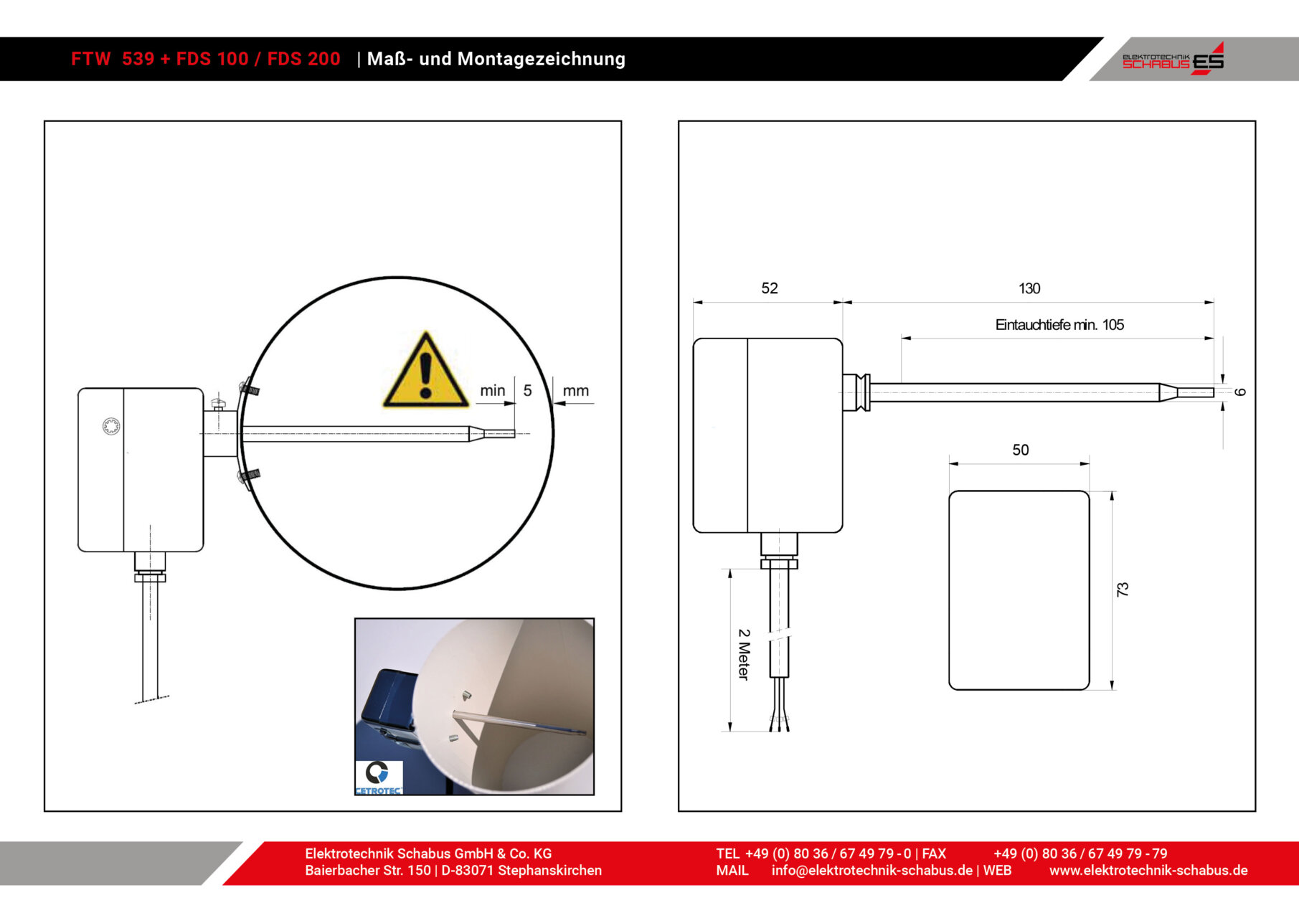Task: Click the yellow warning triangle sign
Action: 425,372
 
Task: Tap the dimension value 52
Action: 769,288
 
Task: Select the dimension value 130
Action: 1029,288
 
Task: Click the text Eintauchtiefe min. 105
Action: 1059,325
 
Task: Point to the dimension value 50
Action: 1020,450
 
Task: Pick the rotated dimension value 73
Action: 1123,590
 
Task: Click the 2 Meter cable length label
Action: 744,654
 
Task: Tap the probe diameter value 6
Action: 1240,392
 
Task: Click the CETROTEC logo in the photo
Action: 379,777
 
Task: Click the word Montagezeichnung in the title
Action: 542,59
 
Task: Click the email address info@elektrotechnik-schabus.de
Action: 872,871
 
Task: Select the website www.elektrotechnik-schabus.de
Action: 1148,871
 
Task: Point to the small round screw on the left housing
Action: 111,427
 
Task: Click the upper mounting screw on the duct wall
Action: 249,388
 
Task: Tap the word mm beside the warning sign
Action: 575,391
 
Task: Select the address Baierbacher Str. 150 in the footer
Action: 368,871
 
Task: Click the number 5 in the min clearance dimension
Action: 527,391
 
